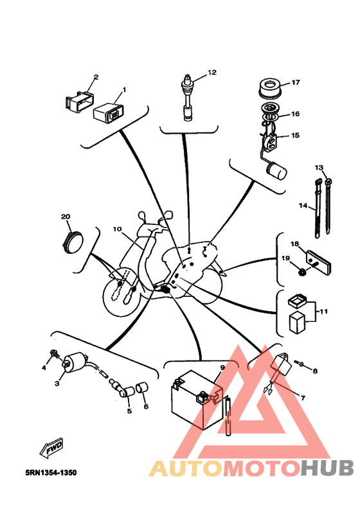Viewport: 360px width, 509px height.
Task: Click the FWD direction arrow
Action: [x=51, y=448]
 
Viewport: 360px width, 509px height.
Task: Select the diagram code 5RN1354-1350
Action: [x=51, y=472]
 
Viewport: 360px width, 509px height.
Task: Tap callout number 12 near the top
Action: [x=212, y=72]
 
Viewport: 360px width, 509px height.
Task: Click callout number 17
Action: [x=296, y=82]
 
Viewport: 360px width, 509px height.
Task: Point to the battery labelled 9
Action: [x=197, y=399]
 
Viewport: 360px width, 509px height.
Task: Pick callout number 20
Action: [x=66, y=217]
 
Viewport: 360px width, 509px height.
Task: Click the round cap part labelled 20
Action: [x=72, y=242]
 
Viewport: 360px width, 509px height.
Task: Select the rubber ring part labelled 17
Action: [x=269, y=87]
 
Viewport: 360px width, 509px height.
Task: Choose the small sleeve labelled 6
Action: [x=141, y=387]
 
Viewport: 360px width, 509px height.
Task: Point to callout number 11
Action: [x=323, y=311]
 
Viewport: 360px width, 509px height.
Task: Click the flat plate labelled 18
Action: [x=319, y=262]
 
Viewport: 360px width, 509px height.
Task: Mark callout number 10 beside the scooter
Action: [x=117, y=229]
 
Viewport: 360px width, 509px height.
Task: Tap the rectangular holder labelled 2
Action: [x=80, y=101]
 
